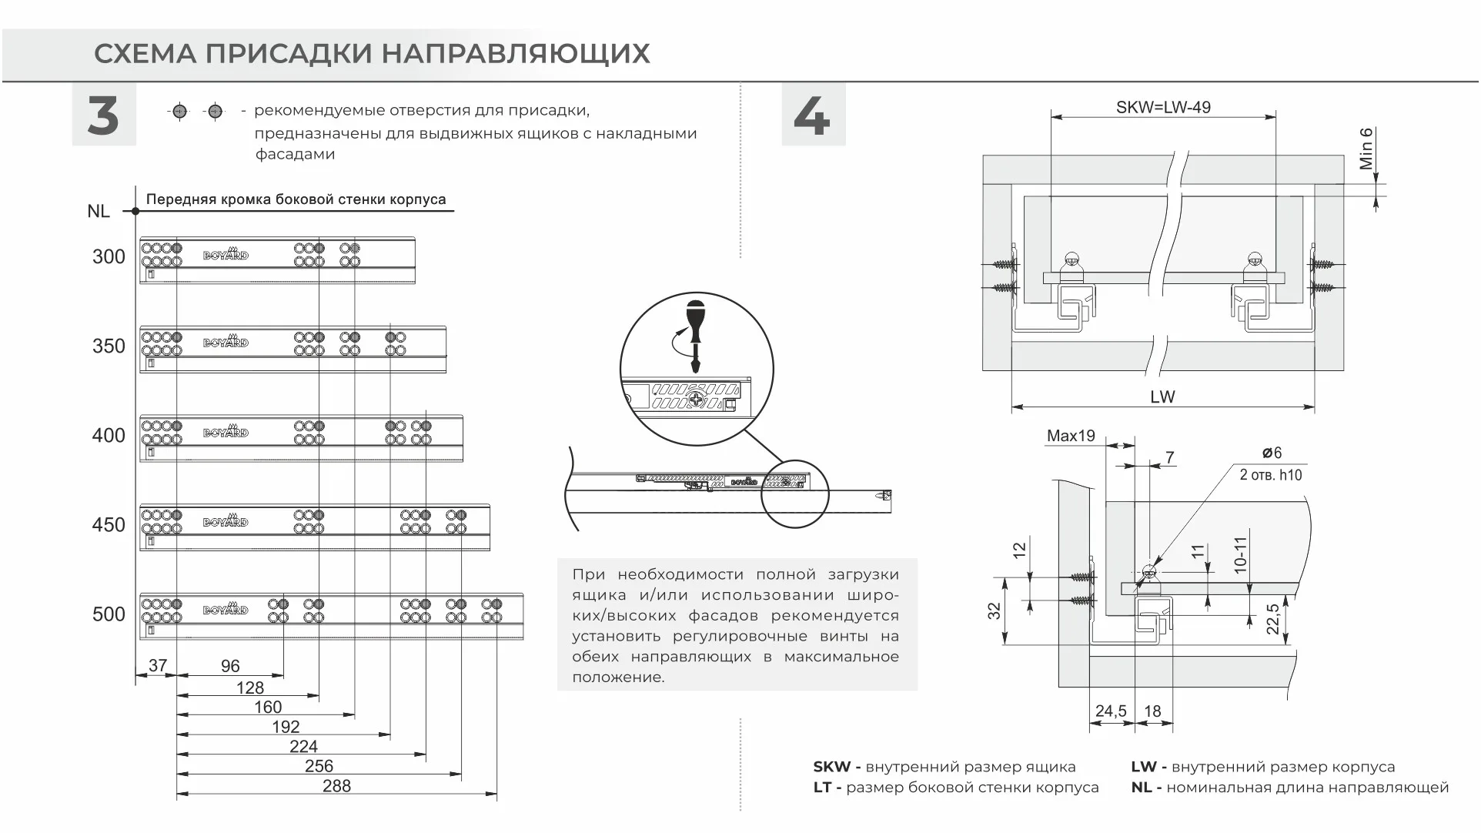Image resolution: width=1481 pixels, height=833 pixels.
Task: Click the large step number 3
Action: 103,115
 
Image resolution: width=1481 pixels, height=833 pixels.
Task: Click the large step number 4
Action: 812,115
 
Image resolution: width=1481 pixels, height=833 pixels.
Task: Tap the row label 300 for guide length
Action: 109,257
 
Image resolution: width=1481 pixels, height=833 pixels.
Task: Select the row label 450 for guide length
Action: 109,525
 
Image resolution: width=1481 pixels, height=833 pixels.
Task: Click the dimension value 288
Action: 336,786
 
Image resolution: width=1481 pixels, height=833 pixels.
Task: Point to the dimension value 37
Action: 157,665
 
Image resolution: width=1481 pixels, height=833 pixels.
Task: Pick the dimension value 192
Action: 286,727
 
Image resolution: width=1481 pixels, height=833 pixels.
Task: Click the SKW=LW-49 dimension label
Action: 1163,107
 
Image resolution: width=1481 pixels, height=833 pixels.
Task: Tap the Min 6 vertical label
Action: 1366,149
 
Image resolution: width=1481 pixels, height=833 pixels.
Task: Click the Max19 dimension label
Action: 1070,436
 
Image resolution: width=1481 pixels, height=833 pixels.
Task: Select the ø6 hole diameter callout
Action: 1272,453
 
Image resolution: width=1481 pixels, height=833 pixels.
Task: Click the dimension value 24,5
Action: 1110,711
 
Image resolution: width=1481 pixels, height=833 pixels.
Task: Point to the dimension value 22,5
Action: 1273,620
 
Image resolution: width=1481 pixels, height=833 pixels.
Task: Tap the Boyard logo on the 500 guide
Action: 226,611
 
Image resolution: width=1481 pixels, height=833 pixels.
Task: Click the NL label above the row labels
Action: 99,211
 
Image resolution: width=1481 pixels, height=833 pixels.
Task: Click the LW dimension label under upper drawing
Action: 1162,397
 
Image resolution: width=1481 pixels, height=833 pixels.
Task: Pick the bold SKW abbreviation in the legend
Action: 831,767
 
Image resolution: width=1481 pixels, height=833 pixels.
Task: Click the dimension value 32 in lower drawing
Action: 995,611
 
